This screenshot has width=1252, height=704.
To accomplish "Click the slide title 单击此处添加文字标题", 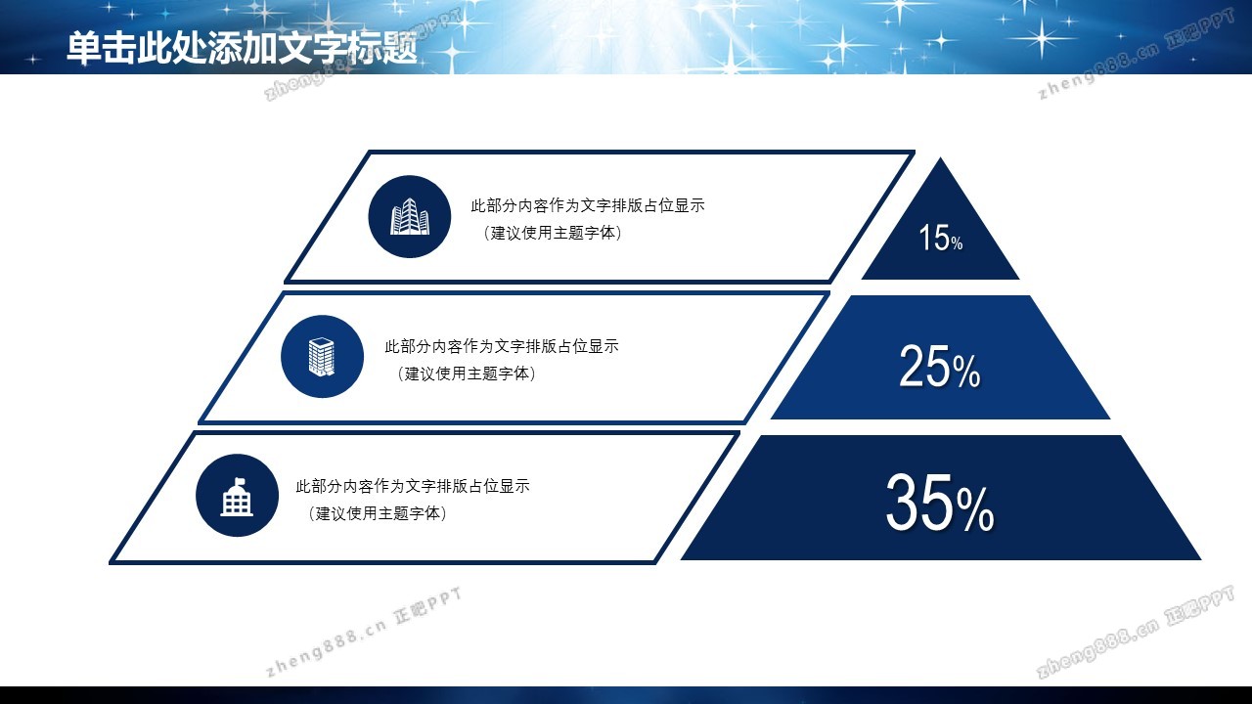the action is [242, 48].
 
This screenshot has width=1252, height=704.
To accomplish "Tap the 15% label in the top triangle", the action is [941, 238].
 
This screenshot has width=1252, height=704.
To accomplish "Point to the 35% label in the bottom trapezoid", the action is [940, 503].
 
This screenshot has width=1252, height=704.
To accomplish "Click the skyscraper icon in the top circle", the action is [410, 216].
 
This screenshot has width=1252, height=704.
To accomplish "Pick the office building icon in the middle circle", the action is [322, 357].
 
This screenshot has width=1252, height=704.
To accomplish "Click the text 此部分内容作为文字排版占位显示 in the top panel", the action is [588, 205].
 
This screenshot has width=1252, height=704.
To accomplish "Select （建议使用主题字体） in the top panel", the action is [553, 233].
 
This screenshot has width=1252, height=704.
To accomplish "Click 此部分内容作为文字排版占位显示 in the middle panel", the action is [502, 346].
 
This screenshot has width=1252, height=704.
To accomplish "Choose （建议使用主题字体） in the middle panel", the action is [467, 374].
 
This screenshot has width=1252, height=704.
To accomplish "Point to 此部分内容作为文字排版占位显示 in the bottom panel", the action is [413, 486].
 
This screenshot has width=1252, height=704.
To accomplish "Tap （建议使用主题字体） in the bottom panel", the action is [378, 513].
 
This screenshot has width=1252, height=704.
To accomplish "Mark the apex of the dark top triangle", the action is [940, 158].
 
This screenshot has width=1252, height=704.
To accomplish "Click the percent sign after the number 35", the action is [975, 509].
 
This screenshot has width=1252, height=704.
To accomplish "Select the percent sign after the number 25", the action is [967, 371].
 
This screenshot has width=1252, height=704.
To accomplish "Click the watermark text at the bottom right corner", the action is [1135, 632].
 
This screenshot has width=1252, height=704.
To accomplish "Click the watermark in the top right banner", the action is [1136, 54].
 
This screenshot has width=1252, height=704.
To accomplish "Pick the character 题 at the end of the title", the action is [401, 48].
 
